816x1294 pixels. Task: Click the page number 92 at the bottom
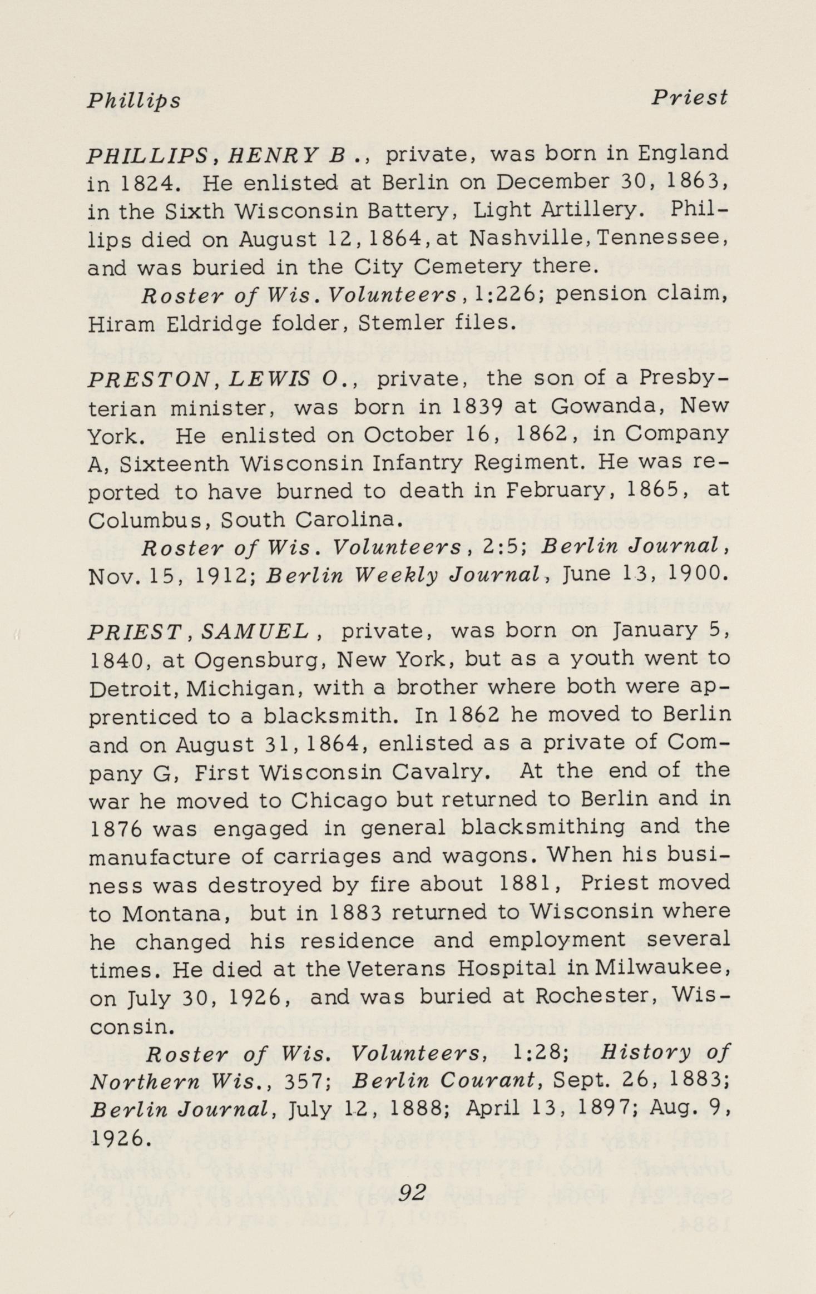click(x=412, y=1193)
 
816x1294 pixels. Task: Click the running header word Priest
click(x=689, y=98)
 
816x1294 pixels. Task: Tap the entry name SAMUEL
click(x=255, y=630)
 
